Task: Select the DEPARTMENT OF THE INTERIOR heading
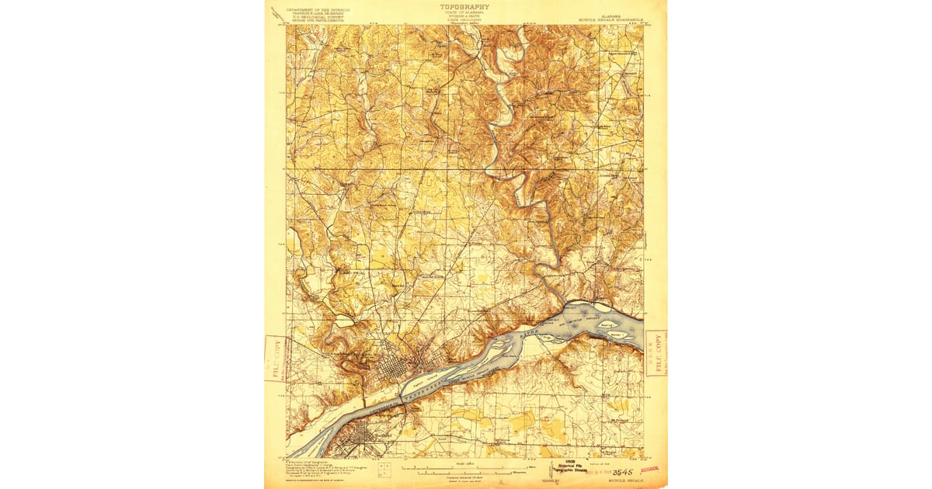click(x=318, y=10)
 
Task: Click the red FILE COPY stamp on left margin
click(x=275, y=358)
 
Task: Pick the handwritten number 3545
click(x=623, y=471)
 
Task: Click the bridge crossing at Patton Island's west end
click(x=402, y=398)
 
